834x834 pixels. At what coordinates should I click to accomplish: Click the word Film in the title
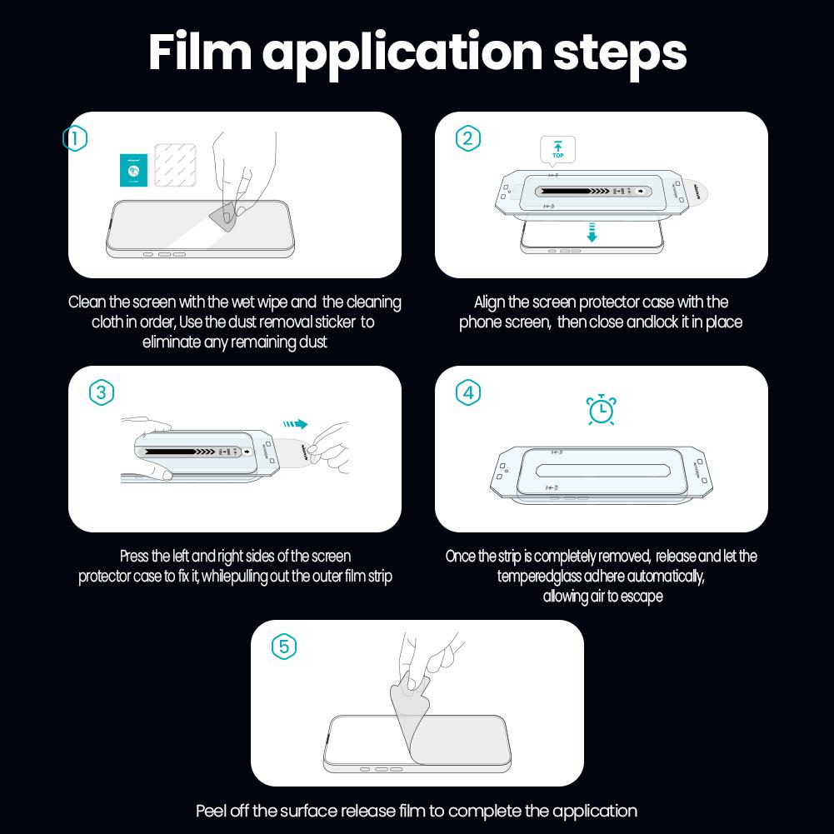point(199,52)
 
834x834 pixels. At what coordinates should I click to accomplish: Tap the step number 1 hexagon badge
point(75,138)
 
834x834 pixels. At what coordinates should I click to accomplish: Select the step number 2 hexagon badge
point(468,138)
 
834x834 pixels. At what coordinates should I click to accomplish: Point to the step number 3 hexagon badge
point(101,392)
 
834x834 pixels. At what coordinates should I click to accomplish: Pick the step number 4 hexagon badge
point(468,392)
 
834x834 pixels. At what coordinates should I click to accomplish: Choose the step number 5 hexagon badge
point(284,647)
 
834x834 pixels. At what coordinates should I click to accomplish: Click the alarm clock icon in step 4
point(601,410)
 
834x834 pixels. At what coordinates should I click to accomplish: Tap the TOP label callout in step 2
point(557,151)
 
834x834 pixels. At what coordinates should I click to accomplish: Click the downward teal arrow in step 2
point(592,232)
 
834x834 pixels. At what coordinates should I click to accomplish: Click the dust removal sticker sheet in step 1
point(176,163)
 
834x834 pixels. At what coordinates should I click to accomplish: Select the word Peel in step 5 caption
point(211,811)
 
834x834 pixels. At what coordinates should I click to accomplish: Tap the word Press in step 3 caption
point(134,557)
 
